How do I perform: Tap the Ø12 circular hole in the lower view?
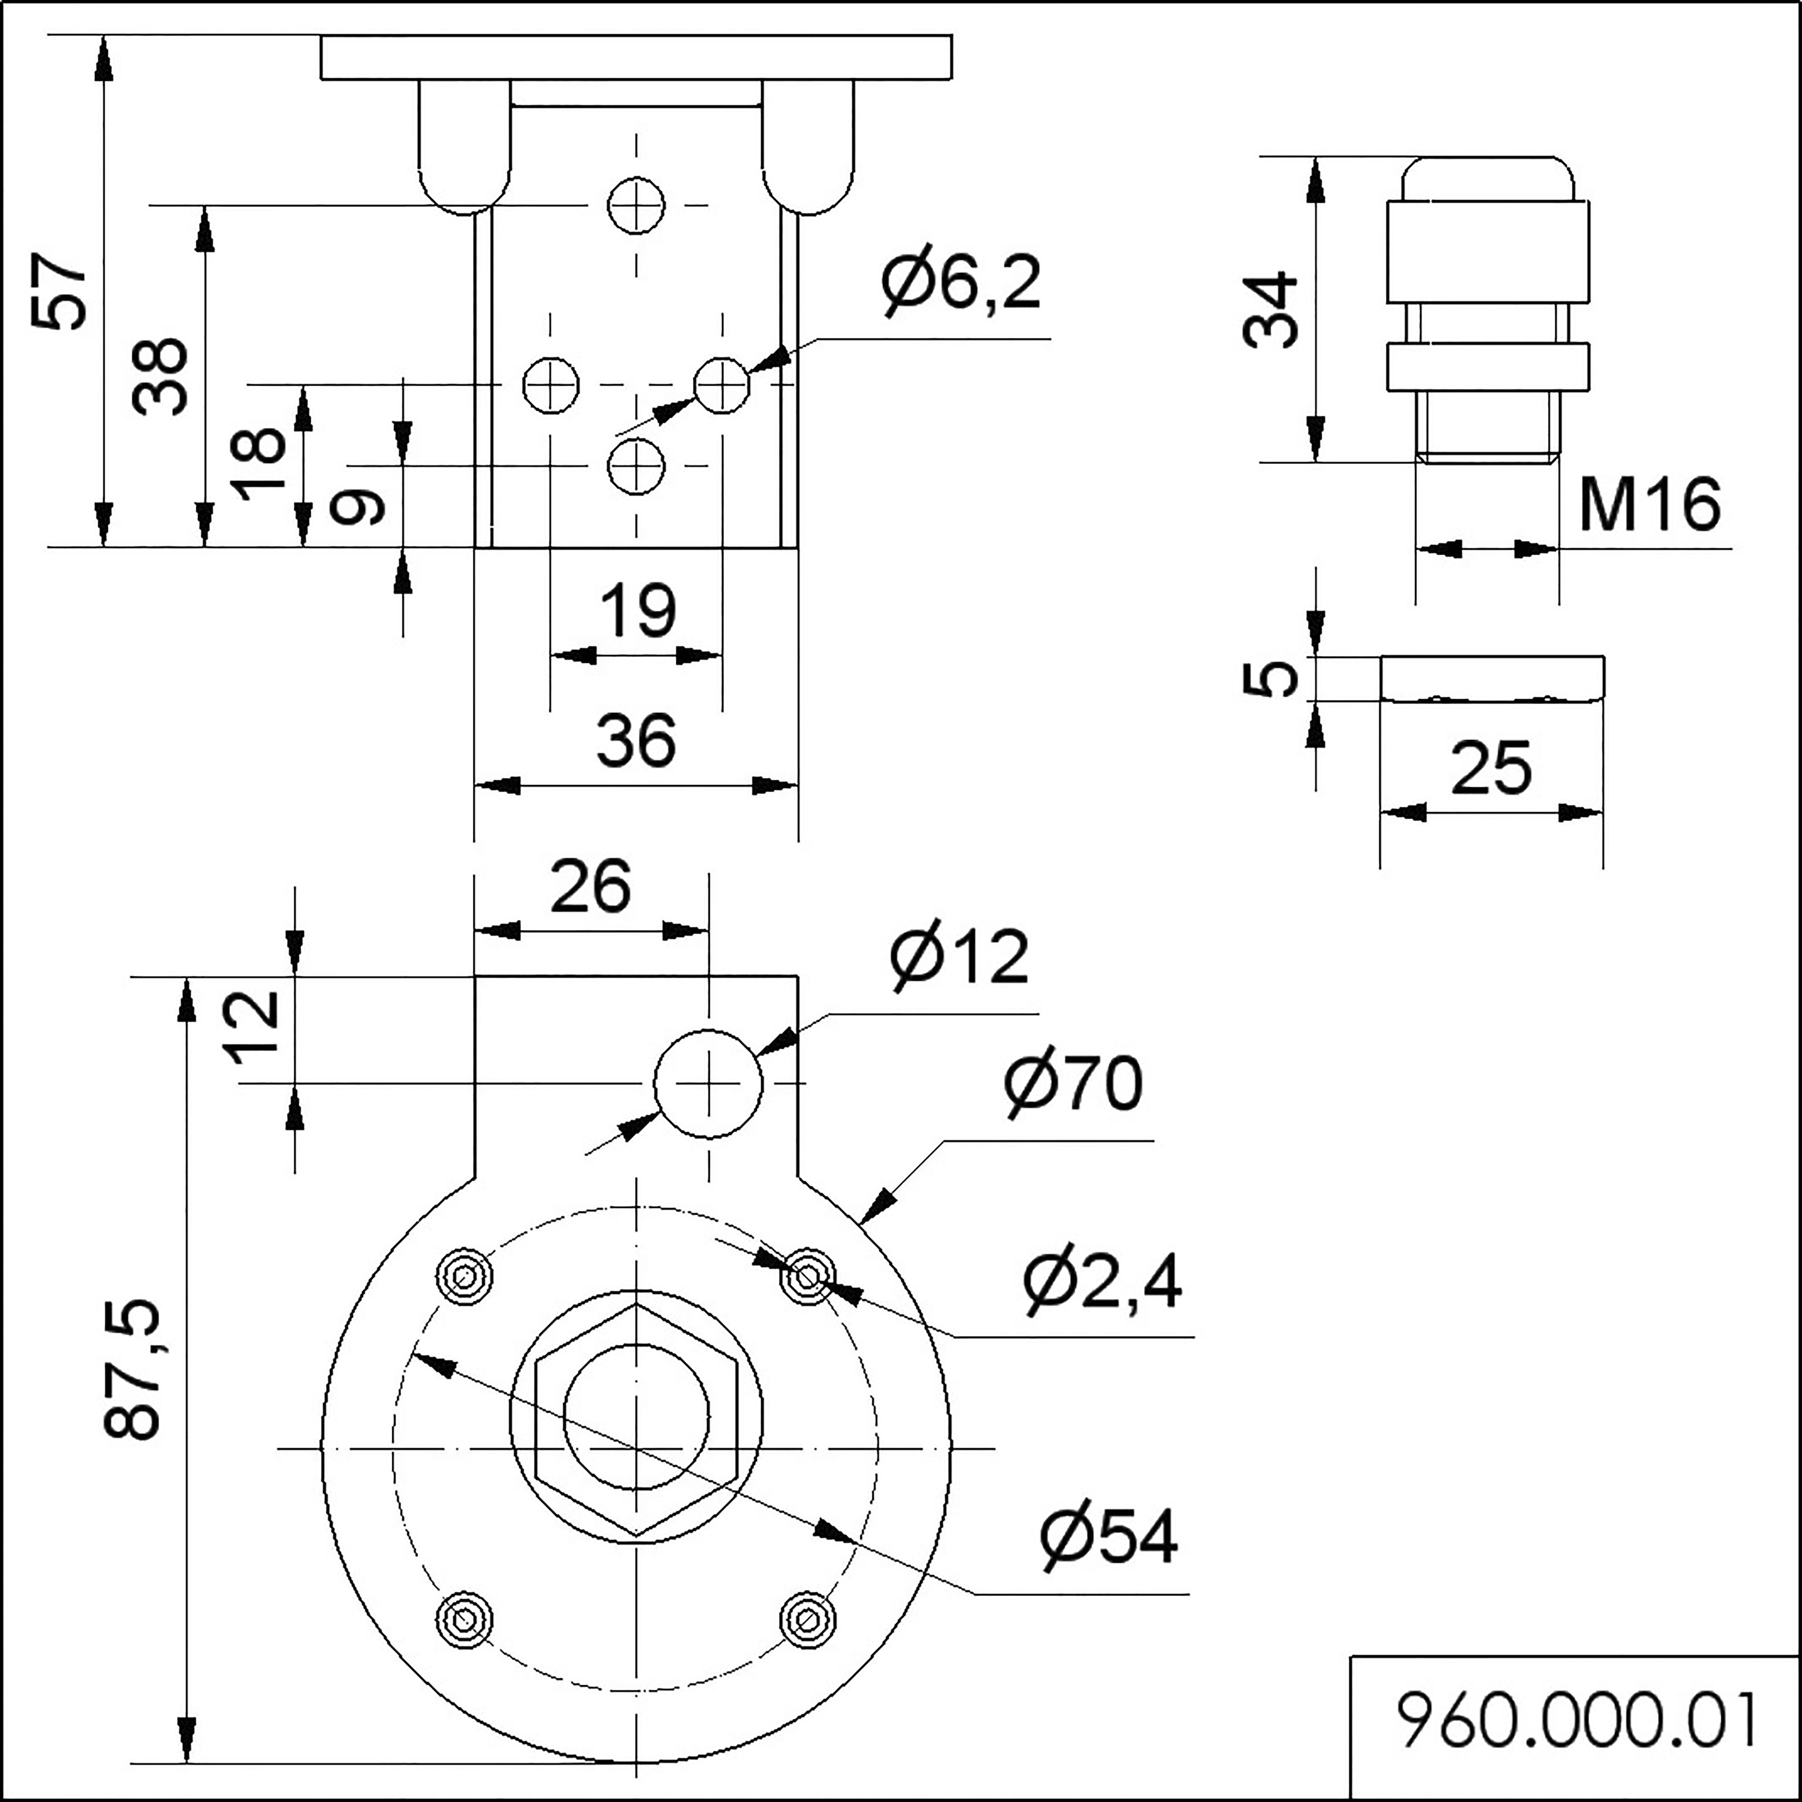(x=709, y=1084)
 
